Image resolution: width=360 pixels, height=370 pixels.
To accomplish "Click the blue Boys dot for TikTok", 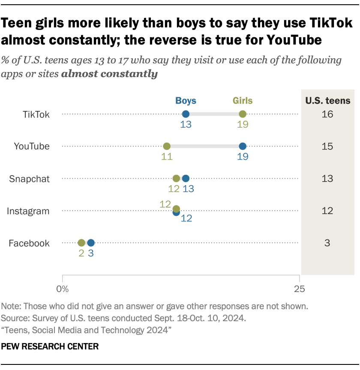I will tap(186, 114).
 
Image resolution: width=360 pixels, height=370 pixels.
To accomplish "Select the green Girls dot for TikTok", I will tap(243, 114).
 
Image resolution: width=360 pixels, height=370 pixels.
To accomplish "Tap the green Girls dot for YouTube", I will tap(167, 146).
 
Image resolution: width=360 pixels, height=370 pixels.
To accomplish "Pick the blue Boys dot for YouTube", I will tap(243, 146).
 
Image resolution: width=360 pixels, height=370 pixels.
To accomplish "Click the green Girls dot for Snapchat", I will tap(176, 178).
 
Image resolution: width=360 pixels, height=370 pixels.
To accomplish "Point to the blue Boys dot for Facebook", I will tap(91, 243).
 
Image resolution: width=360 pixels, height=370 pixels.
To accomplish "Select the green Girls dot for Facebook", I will tap(81, 243).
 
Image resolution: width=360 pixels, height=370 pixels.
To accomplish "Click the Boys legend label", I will tap(186, 101).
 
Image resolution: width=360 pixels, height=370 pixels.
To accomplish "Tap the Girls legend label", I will tap(243, 101).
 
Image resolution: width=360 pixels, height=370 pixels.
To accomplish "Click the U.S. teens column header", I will tap(328, 101).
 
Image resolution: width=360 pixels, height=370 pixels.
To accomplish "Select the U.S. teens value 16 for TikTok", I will tap(328, 114).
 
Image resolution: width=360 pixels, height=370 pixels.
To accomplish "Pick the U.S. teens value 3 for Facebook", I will tap(328, 243).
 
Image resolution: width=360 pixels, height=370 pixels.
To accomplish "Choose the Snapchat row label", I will tap(30, 179).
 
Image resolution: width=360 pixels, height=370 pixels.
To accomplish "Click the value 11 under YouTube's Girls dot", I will tap(167, 157).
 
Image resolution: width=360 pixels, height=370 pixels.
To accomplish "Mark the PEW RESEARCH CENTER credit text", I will tap(50, 346).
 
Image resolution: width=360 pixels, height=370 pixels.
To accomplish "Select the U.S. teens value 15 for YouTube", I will tap(328, 146).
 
